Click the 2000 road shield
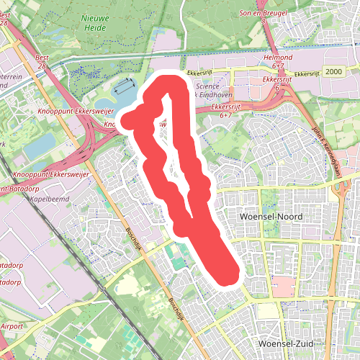[333, 73]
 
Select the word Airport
[11, 326]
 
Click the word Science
[207, 85]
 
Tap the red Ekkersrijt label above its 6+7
[228, 107]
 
